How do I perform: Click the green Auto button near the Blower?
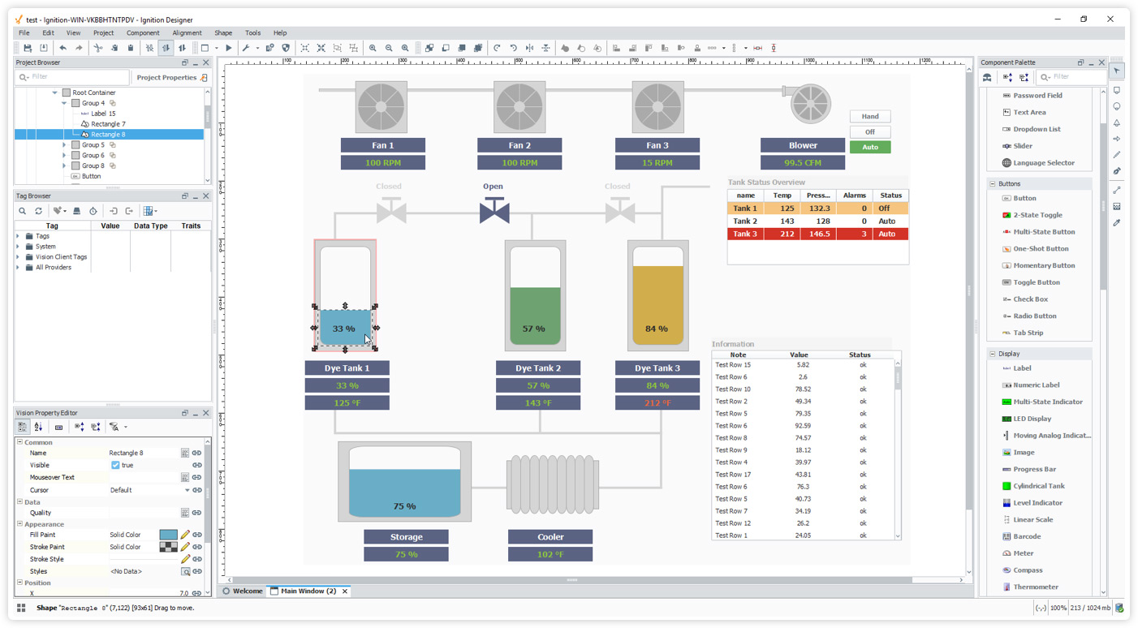click(x=869, y=147)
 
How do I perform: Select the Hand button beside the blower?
click(x=869, y=116)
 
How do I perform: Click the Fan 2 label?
click(x=519, y=145)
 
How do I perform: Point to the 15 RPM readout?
click(x=657, y=162)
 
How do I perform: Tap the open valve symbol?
click(x=494, y=211)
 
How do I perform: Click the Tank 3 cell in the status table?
click(x=744, y=234)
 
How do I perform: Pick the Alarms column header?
click(x=855, y=196)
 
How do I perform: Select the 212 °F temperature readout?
click(x=657, y=402)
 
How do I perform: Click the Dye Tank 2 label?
click(x=538, y=368)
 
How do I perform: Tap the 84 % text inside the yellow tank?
click(x=656, y=329)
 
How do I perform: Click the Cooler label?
click(x=550, y=536)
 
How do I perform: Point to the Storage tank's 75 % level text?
click(x=404, y=505)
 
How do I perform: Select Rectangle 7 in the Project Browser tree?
click(x=108, y=124)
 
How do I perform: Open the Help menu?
click(x=280, y=33)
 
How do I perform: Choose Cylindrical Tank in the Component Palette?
click(x=1038, y=486)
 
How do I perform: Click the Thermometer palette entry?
click(x=1035, y=587)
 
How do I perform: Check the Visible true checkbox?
click(x=115, y=465)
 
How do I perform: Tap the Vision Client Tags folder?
click(x=61, y=256)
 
